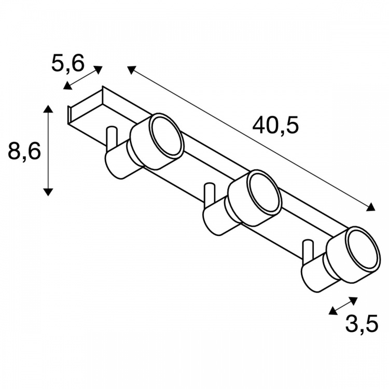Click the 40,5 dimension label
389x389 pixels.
pyautogui.click(x=275, y=126)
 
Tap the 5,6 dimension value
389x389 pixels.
pyautogui.click(x=68, y=63)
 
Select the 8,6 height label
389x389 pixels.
pyautogui.click(x=24, y=150)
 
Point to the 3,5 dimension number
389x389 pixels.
pyautogui.click(x=362, y=323)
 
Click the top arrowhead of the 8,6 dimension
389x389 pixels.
pyautogui.click(x=48, y=109)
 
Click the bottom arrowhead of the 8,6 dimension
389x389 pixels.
pyautogui.click(x=48, y=192)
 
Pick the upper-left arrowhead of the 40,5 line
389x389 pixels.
pyautogui.click(x=131, y=70)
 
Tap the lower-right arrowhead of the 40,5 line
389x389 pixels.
pyautogui.click(x=371, y=207)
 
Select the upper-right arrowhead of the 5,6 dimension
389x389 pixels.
pyautogui.click(x=98, y=70)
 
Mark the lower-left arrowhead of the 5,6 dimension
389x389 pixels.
pyautogui.click(x=67, y=86)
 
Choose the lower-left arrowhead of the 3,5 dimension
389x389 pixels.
pyautogui.click(x=332, y=311)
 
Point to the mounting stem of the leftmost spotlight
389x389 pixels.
pyautogui.click(x=111, y=138)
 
